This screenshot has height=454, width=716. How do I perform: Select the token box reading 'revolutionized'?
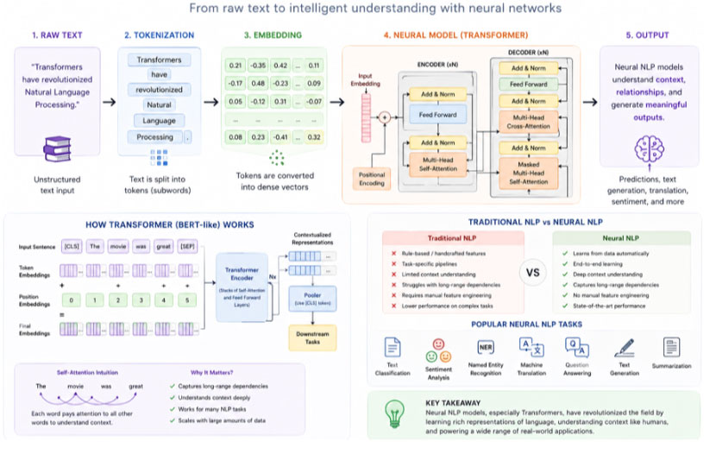tap(159, 90)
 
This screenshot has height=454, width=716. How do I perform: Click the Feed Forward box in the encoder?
tap(437, 114)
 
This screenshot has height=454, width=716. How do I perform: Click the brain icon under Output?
tap(651, 150)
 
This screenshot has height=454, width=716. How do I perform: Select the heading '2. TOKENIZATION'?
tap(158, 35)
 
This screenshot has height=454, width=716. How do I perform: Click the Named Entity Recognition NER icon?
tap(487, 347)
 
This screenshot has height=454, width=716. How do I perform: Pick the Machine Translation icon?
tap(530, 347)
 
